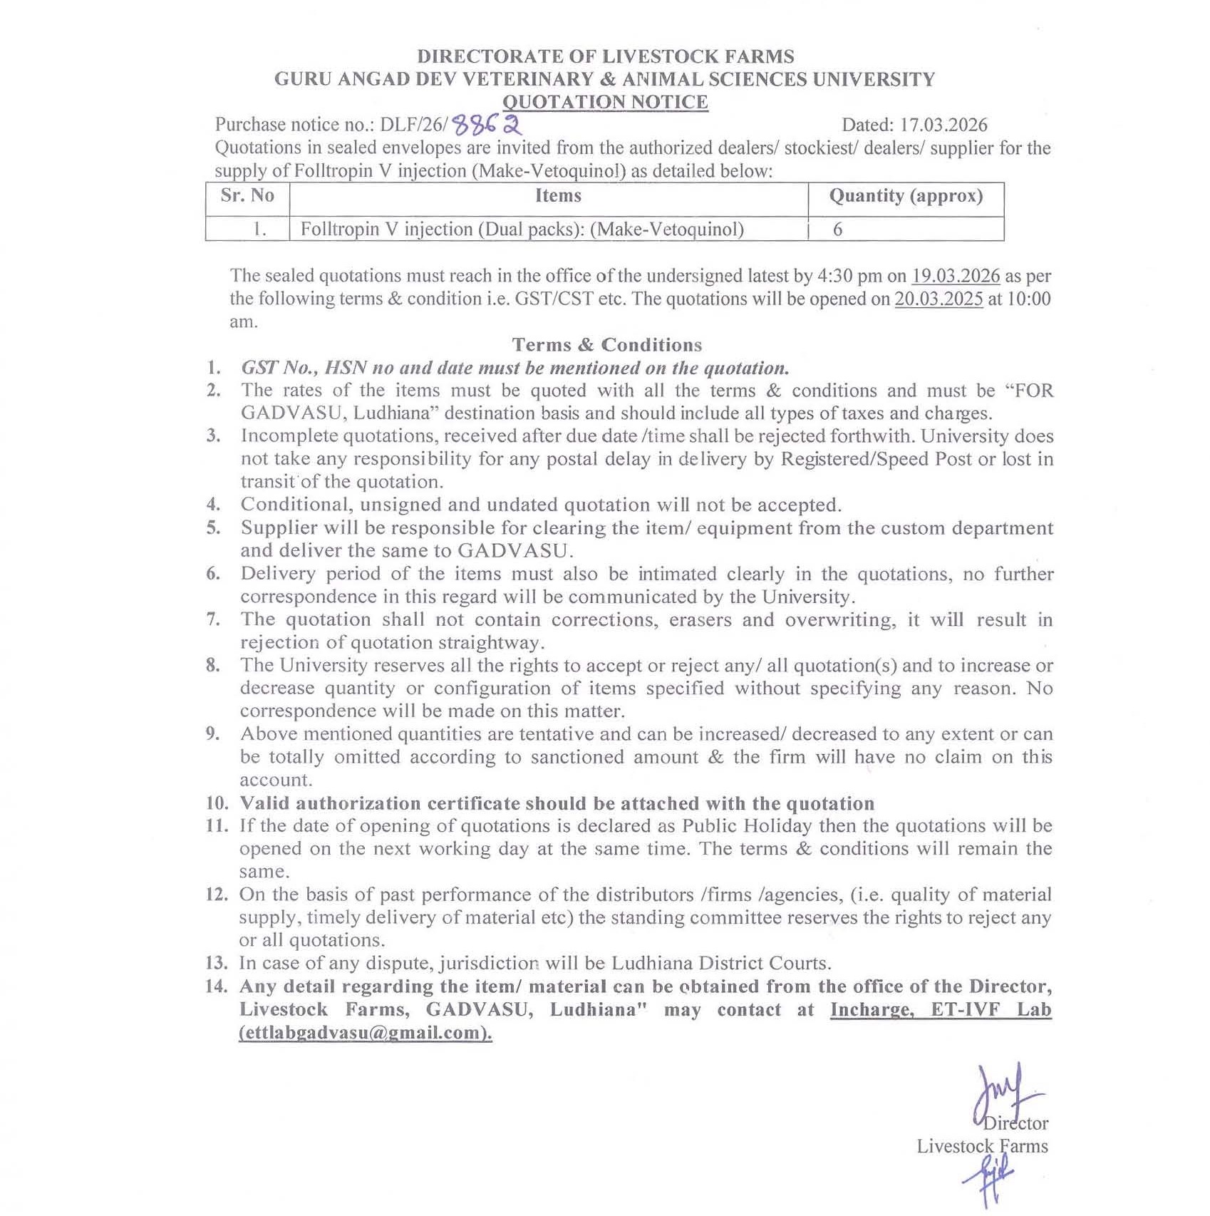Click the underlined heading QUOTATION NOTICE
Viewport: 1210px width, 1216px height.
click(605, 102)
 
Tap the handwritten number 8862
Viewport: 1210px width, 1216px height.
click(488, 125)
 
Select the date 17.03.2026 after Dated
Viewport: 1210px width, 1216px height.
click(943, 125)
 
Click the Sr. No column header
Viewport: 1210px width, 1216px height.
click(247, 195)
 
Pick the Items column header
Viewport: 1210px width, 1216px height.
click(558, 195)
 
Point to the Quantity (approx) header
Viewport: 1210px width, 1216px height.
click(906, 195)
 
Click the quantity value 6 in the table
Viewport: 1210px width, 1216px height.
click(838, 230)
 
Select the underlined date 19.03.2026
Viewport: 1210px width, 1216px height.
click(956, 276)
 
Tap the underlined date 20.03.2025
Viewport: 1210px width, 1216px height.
click(938, 299)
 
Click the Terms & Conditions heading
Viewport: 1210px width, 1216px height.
click(607, 345)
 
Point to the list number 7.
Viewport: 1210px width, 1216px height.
click(213, 619)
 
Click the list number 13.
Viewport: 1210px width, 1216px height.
click(216, 963)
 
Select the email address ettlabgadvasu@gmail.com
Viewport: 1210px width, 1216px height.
click(365, 1032)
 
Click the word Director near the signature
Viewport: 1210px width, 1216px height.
click(1015, 1123)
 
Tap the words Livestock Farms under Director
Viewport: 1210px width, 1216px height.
click(982, 1146)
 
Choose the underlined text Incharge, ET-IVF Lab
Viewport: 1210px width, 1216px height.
click(941, 1009)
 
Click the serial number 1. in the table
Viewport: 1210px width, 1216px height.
click(259, 230)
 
